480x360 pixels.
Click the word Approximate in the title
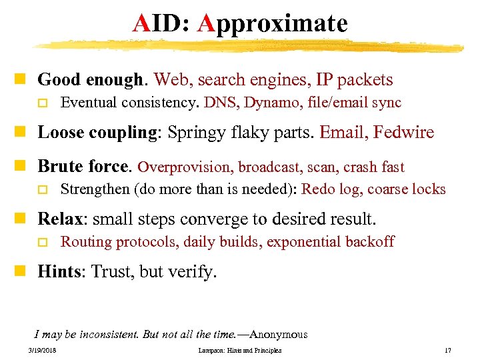point(273,24)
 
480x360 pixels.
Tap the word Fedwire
point(403,132)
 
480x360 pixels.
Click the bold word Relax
point(60,219)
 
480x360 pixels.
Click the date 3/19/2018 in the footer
point(43,351)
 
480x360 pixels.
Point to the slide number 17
point(447,351)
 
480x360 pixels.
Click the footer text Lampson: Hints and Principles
point(240,351)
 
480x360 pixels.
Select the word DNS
point(217,103)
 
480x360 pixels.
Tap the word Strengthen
point(95,189)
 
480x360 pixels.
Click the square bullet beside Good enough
point(25,80)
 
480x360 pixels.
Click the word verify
point(197,271)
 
